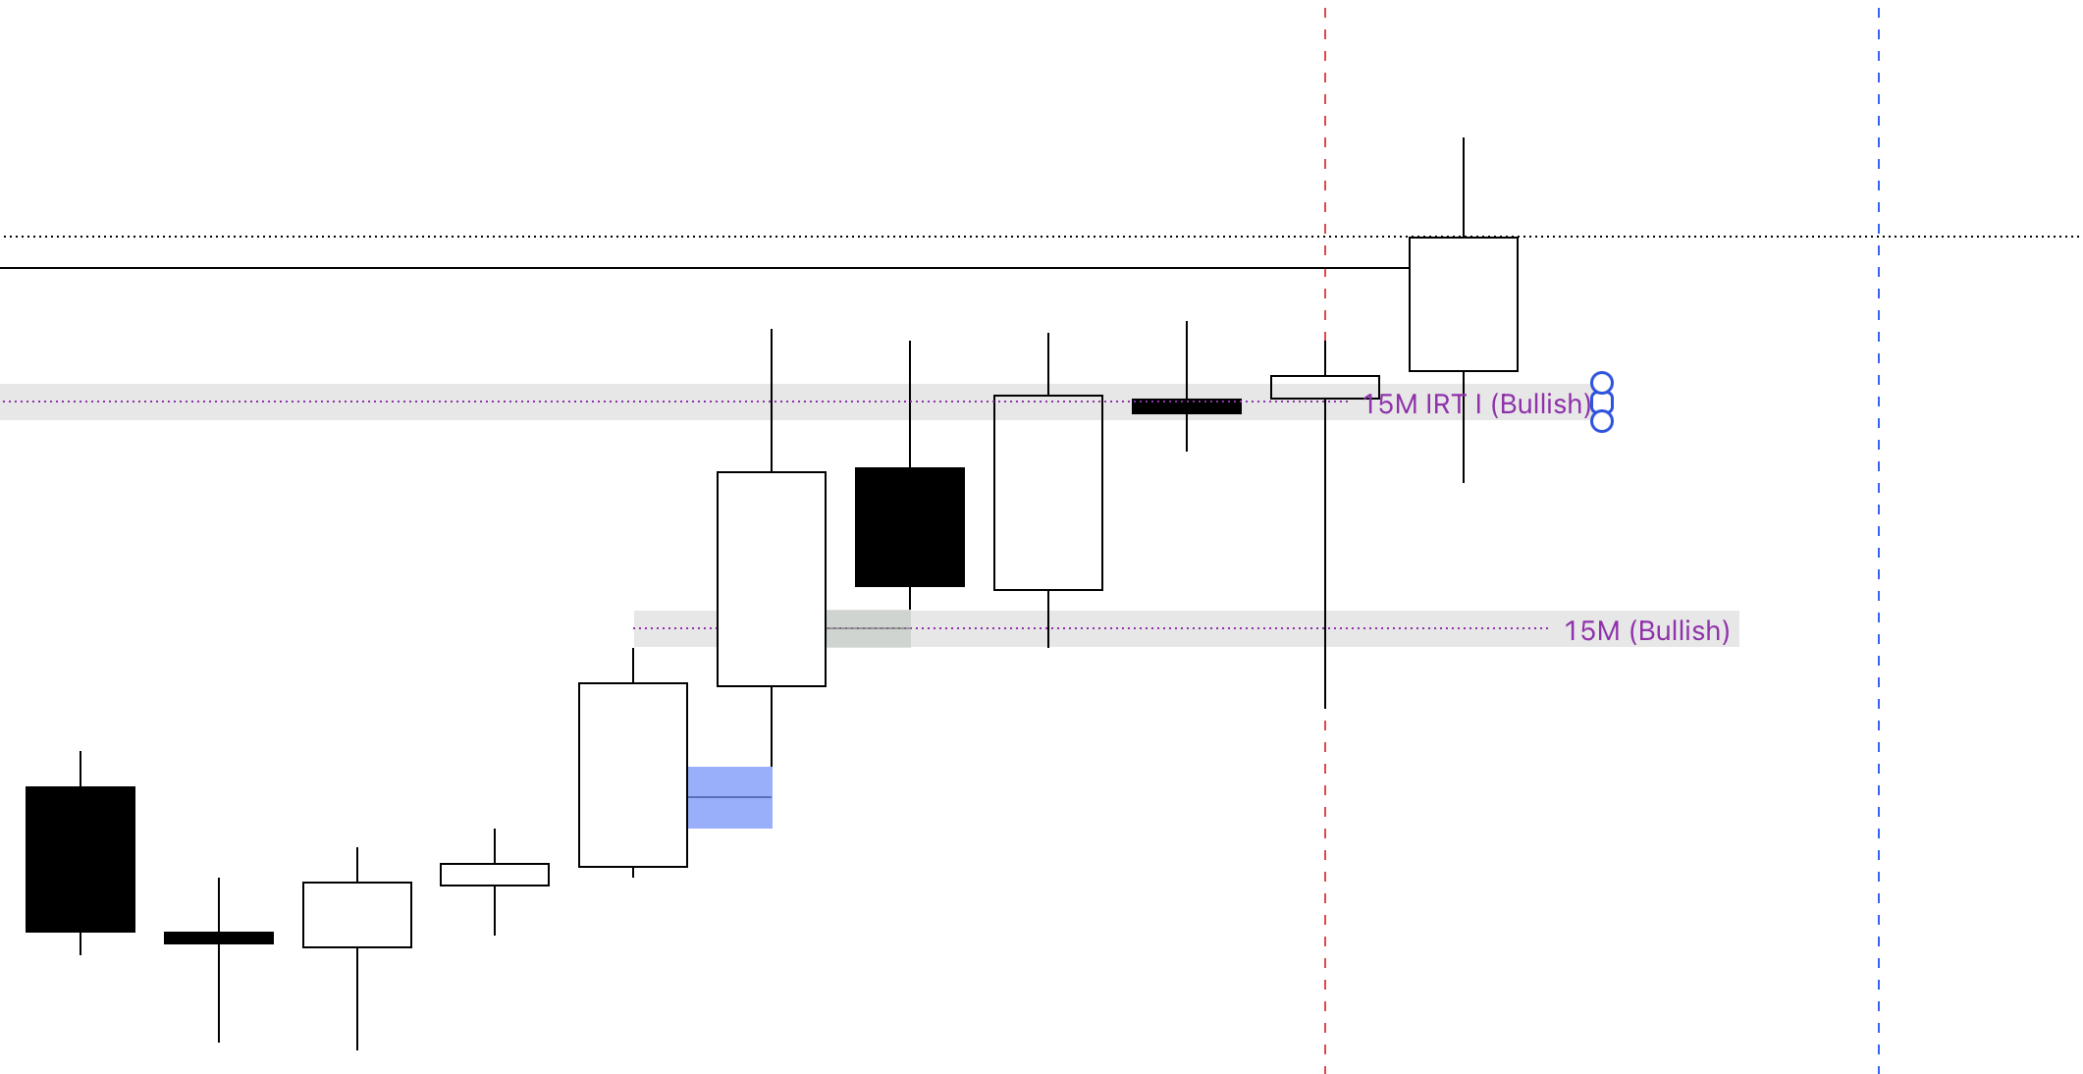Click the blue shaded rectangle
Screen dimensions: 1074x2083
[x=729, y=797]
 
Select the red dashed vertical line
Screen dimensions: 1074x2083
[x=1325, y=884]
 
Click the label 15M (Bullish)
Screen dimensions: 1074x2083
[x=1646, y=630]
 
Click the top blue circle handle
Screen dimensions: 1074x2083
[x=1602, y=383]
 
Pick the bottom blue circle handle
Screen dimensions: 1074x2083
[x=1602, y=421]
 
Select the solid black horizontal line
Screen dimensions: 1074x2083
[x=687, y=268]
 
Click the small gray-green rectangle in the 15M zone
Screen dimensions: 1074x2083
[x=869, y=629]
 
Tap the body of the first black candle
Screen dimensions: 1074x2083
[x=80, y=859]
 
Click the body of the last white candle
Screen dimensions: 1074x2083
[x=1464, y=304]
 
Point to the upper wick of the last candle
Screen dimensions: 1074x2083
[x=1464, y=187]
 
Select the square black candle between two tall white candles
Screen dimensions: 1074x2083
[x=910, y=527]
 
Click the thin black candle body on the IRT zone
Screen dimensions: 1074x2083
[x=1187, y=406]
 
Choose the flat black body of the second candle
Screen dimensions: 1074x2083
[x=219, y=938]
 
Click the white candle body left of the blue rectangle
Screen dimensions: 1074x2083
[x=633, y=775]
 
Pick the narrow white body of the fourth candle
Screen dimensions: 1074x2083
[x=495, y=875]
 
